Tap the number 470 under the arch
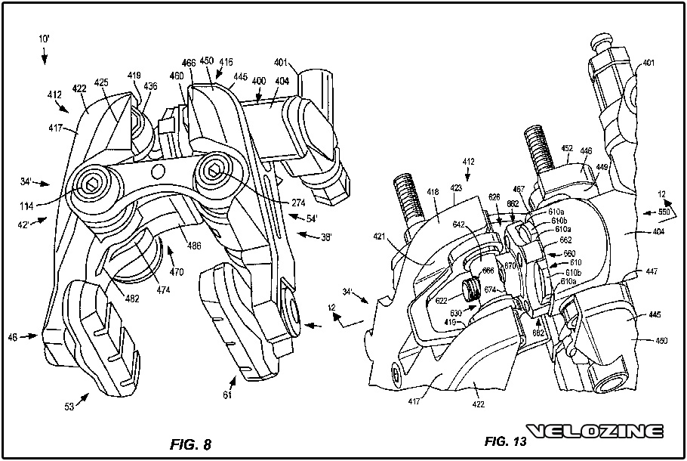pos(177,270)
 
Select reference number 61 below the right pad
pos(227,394)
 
